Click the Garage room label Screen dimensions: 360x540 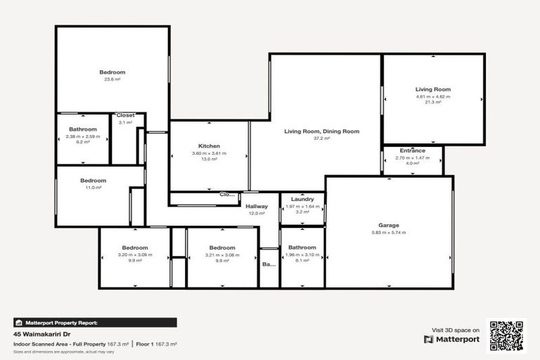(x=389, y=225)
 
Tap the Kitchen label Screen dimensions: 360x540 (x=210, y=146)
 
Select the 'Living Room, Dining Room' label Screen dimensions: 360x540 (x=321, y=131)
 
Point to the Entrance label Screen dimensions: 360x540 (x=413, y=150)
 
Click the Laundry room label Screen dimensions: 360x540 (x=302, y=199)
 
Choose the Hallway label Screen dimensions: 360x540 (x=257, y=205)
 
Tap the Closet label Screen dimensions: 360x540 (x=125, y=115)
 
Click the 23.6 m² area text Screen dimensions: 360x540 (x=112, y=79)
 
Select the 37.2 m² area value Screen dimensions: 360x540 (x=321, y=139)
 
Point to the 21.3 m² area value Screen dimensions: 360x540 (x=432, y=103)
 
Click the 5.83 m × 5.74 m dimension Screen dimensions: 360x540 (x=389, y=233)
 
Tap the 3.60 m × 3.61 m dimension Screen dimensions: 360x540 (x=210, y=153)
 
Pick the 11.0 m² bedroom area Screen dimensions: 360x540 (x=93, y=188)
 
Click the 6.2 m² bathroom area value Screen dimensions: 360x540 (x=83, y=142)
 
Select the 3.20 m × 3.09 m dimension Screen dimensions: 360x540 (x=134, y=255)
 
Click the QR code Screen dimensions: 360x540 (x=507, y=336)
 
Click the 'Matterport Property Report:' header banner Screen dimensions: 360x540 (x=57, y=323)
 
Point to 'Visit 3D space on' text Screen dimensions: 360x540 (x=455, y=330)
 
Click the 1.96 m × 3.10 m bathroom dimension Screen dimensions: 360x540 (x=302, y=255)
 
